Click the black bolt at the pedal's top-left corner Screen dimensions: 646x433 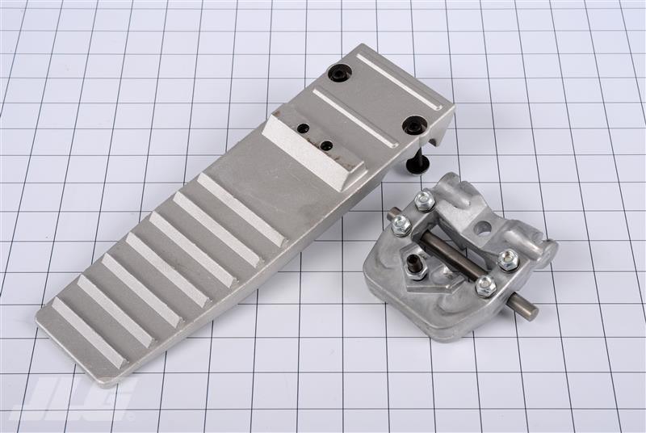[340, 74]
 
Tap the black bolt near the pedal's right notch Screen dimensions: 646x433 [413, 125]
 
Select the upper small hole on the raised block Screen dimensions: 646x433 [304, 128]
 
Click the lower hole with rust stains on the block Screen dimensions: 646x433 [327, 145]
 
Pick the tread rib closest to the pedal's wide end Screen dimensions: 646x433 [88, 331]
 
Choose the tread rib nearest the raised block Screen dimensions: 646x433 [241, 209]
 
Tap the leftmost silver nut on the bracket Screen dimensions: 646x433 [399, 225]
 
